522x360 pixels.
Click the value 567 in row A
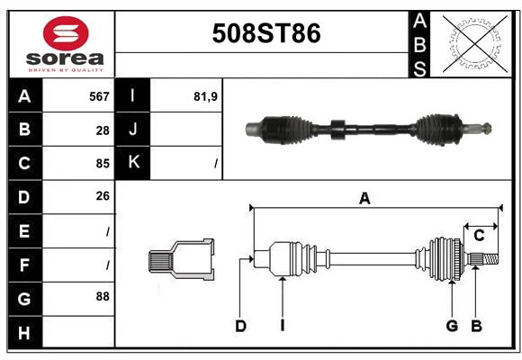pos(99,95)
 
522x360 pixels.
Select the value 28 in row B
pos(103,130)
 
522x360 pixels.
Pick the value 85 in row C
pos(102,164)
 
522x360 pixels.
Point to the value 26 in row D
pos(102,195)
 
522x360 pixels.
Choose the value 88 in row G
pos(102,295)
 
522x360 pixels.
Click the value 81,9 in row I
pos(206,95)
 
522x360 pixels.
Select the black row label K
pos(133,163)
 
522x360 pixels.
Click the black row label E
pos(24,231)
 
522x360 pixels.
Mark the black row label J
pos(133,130)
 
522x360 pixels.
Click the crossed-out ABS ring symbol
pos(470,43)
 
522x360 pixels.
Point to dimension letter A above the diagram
pos(364,199)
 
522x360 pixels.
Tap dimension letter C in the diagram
pos(479,235)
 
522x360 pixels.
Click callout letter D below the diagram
pos(241,326)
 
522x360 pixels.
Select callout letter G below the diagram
pos(452,326)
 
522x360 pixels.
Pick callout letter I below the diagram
pos(282,326)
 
